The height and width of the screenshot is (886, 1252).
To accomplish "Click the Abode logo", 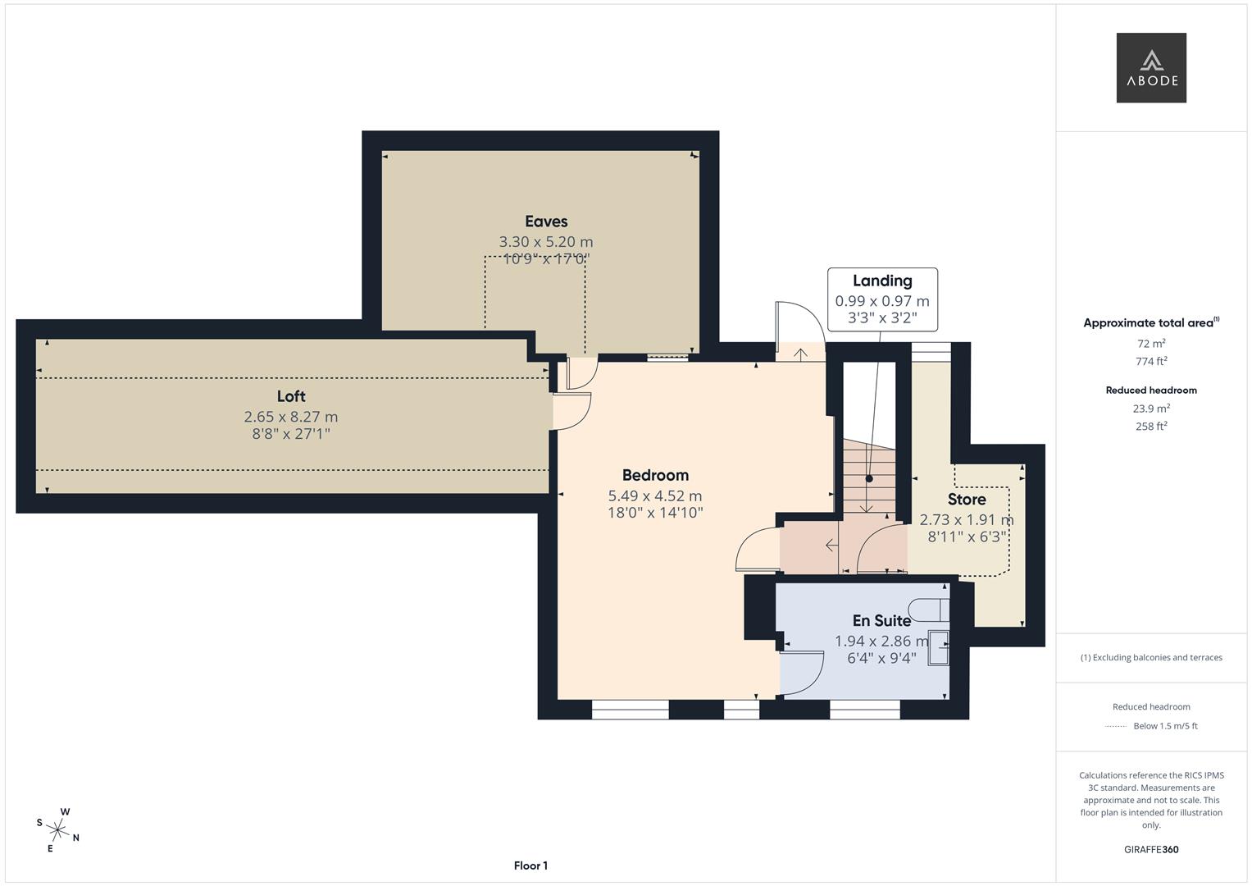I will coord(1150,67).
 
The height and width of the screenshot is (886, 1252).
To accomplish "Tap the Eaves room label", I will coord(546,221).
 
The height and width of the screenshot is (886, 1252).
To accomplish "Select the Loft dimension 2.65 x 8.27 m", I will coord(291,417).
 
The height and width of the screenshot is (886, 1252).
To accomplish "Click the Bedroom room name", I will coord(655,475).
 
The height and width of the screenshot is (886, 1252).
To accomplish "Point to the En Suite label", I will coord(881,621).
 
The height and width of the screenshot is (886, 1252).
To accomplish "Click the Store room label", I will coord(967,500).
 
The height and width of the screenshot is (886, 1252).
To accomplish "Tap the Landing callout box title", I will coord(882,281).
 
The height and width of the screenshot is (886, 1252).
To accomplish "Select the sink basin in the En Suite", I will coord(938,649).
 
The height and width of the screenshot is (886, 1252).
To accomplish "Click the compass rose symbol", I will coord(59,830).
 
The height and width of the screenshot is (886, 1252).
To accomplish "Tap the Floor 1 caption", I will coord(530,865).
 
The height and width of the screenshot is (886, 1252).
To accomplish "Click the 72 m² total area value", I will coord(1151,344).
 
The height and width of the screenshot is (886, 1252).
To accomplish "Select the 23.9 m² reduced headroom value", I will coord(1151,408).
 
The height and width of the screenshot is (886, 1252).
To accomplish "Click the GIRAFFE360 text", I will coord(1151,849).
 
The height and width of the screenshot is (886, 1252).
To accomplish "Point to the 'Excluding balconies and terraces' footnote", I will coord(1151,657).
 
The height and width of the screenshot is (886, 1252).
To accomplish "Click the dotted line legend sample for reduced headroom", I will coord(1115,726).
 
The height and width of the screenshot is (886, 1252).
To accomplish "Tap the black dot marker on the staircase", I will coord(869,478).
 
